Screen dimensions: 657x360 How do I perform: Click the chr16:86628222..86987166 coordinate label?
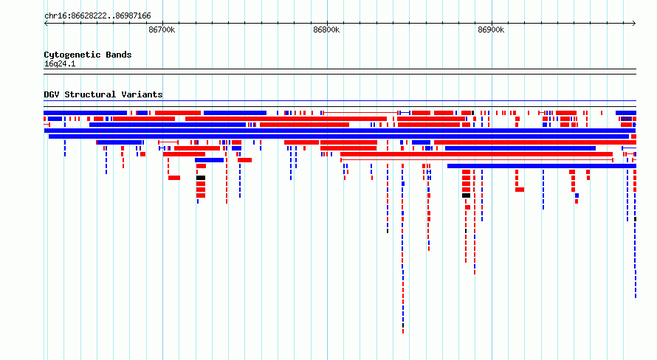coord(97,16)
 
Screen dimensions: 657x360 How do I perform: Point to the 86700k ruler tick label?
coord(162,30)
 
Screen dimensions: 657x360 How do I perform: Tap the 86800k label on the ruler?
coord(326,30)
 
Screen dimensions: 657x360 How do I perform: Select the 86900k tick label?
coord(491,30)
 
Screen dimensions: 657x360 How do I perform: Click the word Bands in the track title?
coord(119,55)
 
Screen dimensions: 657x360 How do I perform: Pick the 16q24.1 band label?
coord(60,63)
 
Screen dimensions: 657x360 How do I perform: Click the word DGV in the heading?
coord(52,94)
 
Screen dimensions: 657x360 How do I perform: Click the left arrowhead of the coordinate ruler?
coord(45,24)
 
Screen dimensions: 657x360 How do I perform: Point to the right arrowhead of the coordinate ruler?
coord(635,24)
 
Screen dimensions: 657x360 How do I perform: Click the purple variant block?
coord(626,119)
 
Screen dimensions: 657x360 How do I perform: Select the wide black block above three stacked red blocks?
coord(201,178)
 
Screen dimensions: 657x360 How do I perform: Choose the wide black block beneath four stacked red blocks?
coord(466,195)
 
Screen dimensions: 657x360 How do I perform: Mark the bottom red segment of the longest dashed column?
coord(403,331)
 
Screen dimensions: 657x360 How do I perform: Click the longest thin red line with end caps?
coord(477,160)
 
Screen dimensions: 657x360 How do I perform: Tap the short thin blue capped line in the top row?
coord(405,113)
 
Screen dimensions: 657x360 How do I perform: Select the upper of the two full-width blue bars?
coord(340,131)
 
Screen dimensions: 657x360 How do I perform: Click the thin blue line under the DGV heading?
coord(340,101)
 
